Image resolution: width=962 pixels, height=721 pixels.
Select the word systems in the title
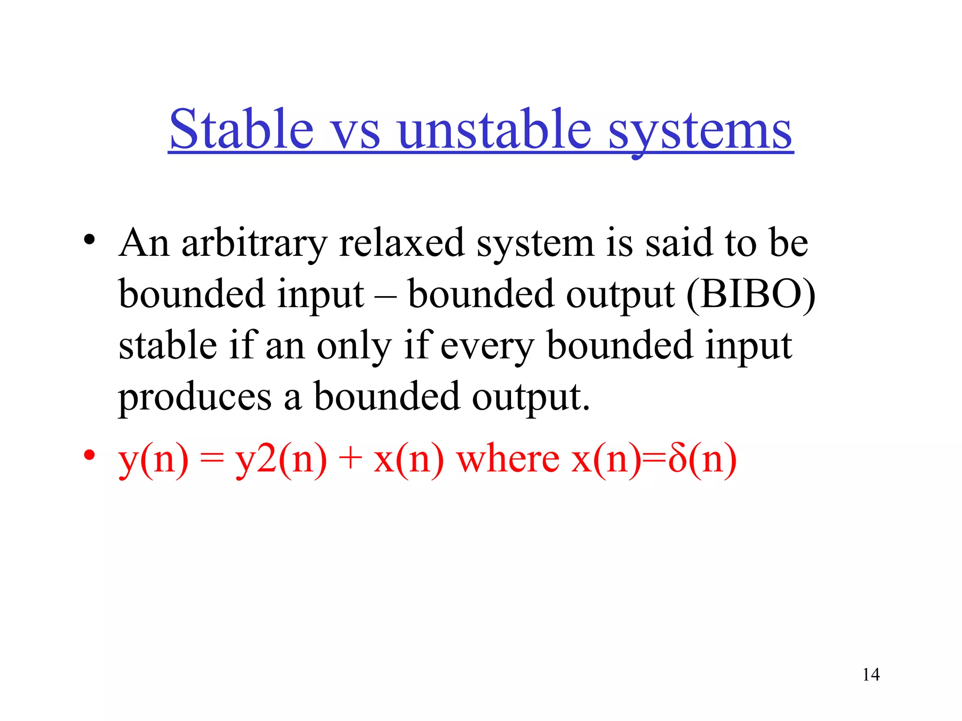pos(700,131)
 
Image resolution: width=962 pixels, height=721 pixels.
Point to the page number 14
pos(871,675)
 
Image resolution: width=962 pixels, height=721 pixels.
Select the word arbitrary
pos(254,244)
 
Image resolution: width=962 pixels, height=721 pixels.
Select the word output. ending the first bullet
pos(530,397)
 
